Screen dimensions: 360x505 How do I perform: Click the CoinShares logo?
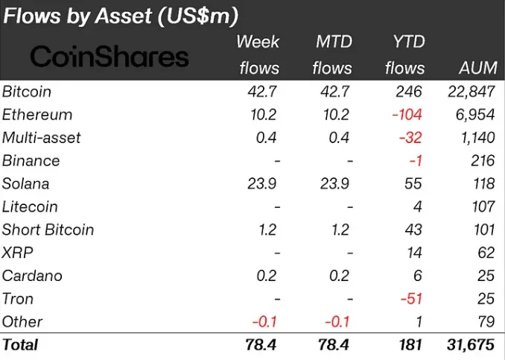tap(109, 56)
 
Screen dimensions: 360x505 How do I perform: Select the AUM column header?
tap(478, 68)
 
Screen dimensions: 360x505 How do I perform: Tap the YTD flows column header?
tap(404, 55)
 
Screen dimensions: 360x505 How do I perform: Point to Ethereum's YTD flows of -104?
tap(405, 115)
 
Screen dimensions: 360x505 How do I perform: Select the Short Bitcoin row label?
tap(48, 230)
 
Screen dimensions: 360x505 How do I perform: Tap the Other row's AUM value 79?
tap(486, 321)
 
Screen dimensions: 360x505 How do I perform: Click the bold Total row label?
tap(21, 344)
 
